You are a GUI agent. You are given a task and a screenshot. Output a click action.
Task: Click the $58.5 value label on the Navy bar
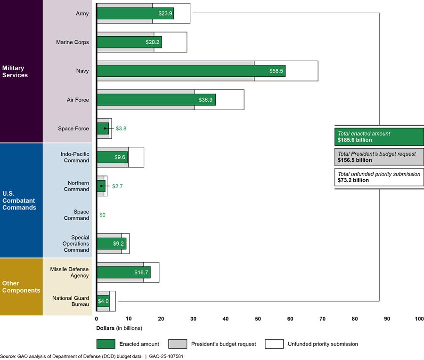[276, 71]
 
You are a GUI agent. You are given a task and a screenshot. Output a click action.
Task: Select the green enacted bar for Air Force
[155, 100]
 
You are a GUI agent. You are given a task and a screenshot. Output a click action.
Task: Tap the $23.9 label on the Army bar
[165, 14]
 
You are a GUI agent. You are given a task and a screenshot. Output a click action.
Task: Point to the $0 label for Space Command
[103, 215]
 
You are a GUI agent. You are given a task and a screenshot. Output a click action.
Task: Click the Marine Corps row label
[72, 42]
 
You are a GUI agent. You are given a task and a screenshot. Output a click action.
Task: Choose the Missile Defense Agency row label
[70, 272]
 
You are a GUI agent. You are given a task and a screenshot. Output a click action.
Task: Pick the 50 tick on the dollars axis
[258, 319]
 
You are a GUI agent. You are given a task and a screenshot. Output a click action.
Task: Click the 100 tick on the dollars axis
[419, 319]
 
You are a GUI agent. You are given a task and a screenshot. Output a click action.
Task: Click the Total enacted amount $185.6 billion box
[379, 136]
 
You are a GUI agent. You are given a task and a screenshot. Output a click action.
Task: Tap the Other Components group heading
[21, 287]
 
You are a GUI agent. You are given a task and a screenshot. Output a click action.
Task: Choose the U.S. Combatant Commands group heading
[19, 200]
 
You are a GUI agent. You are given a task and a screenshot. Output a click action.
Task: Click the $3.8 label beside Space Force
[122, 128]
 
